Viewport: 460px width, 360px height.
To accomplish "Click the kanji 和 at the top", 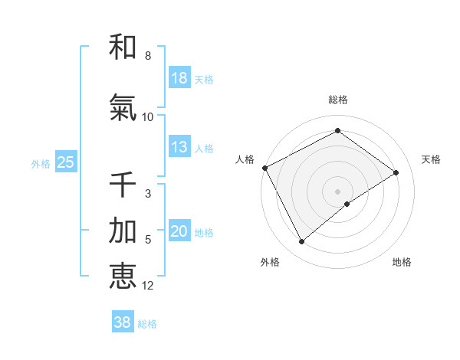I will (123, 47).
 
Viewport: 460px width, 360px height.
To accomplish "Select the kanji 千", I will (123, 185).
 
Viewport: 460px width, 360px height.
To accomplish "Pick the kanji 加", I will (123, 231).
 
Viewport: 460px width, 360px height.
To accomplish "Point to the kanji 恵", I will (123, 275).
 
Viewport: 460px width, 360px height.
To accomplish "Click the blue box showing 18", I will (179, 78).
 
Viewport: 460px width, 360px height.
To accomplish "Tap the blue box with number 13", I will (179, 147).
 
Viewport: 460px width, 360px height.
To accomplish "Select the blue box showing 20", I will (179, 231).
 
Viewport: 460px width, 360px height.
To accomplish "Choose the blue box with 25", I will (65, 162).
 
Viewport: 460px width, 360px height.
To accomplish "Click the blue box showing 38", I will (123, 322).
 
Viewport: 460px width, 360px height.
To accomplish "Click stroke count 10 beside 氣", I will (147, 116).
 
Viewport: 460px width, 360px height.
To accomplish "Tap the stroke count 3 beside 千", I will (147, 194).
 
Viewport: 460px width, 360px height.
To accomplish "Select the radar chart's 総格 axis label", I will (338, 100).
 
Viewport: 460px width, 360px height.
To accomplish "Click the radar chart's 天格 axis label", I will (431, 159).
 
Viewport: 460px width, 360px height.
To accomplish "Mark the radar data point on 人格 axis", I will (264, 168).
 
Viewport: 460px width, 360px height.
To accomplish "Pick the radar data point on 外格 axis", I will (301, 242).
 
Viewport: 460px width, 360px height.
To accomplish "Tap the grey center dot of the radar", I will (337, 191).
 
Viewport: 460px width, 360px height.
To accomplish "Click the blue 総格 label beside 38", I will (147, 324).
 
